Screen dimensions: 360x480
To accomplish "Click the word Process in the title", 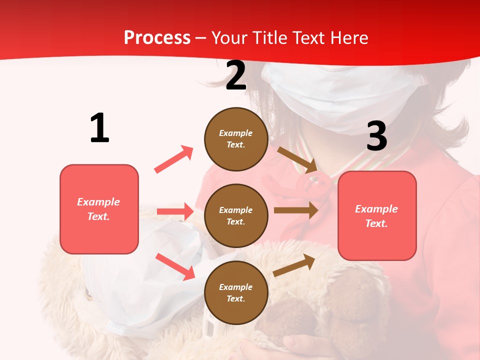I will (x=157, y=37).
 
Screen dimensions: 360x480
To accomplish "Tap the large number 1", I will (x=99, y=128).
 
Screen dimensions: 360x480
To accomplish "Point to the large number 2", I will (x=236, y=76).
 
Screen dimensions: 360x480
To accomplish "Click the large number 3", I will (x=376, y=136).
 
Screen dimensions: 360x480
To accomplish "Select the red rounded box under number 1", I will (x=99, y=209).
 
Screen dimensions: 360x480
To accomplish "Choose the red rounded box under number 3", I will (x=377, y=215).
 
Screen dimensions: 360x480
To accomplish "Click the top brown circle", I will (x=236, y=139).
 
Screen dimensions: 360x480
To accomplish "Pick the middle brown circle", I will (x=236, y=215).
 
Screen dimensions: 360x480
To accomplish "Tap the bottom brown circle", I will (x=236, y=292).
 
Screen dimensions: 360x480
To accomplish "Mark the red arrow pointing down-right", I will (x=175, y=266).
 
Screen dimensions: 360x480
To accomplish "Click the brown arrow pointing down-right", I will (x=298, y=159).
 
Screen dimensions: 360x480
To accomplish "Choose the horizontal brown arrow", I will (x=296, y=210).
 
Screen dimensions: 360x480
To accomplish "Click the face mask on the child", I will (x=345, y=95).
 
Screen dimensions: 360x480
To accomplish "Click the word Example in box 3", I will (x=376, y=209).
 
